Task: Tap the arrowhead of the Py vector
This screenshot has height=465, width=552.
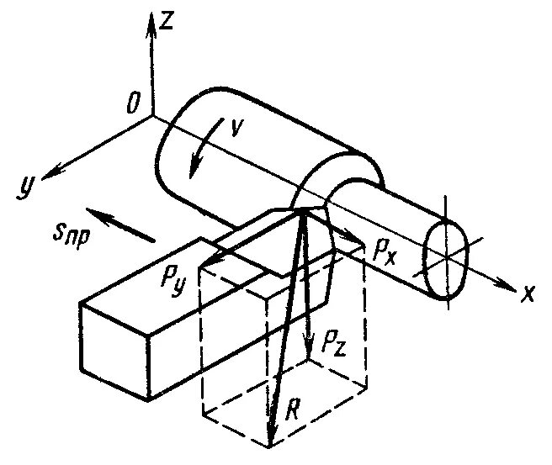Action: pyautogui.click(x=206, y=267)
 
